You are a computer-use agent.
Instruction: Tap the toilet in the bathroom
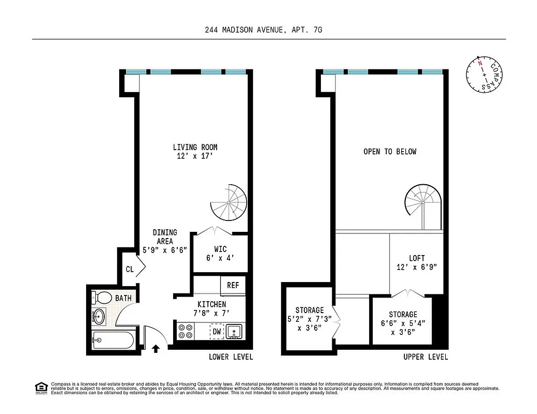(x=102, y=298)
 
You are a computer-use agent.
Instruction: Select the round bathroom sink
(x=99, y=316)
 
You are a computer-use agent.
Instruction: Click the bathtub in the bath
(x=112, y=341)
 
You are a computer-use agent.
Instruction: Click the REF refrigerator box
(x=233, y=285)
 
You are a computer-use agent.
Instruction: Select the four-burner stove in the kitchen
(x=185, y=331)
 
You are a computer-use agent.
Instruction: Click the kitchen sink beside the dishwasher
(x=235, y=331)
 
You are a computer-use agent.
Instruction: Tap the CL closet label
(x=130, y=269)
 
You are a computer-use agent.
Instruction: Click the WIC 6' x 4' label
(x=220, y=253)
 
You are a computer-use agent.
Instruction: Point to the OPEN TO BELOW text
(x=389, y=152)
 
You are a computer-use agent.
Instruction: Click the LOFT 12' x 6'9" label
(x=417, y=262)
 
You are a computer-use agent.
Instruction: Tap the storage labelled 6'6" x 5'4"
(x=403, y=323)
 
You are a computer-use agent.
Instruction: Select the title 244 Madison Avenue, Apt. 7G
(x=263, y=31)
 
